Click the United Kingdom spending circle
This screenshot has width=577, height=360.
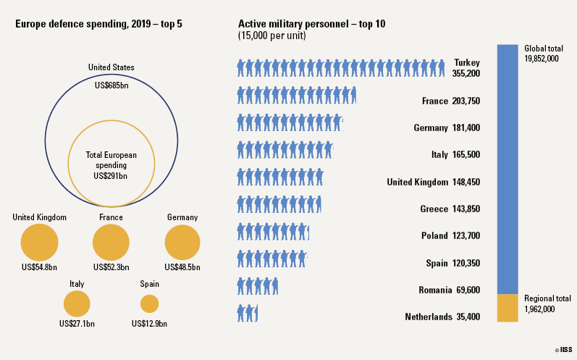pos(39,242)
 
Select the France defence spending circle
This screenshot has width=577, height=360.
pos(111,242)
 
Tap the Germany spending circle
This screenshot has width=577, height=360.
pos(182,242)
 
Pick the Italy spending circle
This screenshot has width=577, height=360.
pos(77,304)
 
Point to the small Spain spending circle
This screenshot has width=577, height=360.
pos(149,304)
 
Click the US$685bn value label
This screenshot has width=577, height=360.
pos(111,85)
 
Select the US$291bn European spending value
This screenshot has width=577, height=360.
pos(111,175)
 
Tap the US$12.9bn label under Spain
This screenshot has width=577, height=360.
pos(149,323)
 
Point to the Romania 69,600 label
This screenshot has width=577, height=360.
pos(449,290)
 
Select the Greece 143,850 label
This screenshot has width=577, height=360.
pos(450,209)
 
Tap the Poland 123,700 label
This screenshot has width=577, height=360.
pos(450,235)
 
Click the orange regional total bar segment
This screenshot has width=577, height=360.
pos(507,307)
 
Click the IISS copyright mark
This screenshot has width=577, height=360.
pos(563,350)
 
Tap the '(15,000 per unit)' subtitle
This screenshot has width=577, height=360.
pos(271,35)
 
